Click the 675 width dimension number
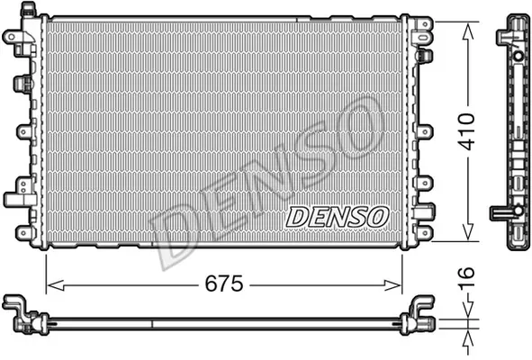[x=224, y=283]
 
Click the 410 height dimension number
[x=466, y=132]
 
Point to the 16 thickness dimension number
[x=466, y=278]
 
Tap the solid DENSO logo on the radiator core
[x=337, y=217]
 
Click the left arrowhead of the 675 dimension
[x=55, y=285]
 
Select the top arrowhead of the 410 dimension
[x=468, y=31]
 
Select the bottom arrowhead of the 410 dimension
[x=468, y=232]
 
